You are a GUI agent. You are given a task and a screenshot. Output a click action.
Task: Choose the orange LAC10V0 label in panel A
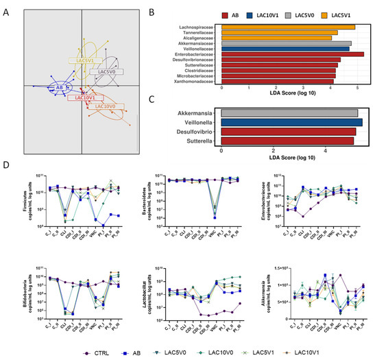[108, 107]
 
